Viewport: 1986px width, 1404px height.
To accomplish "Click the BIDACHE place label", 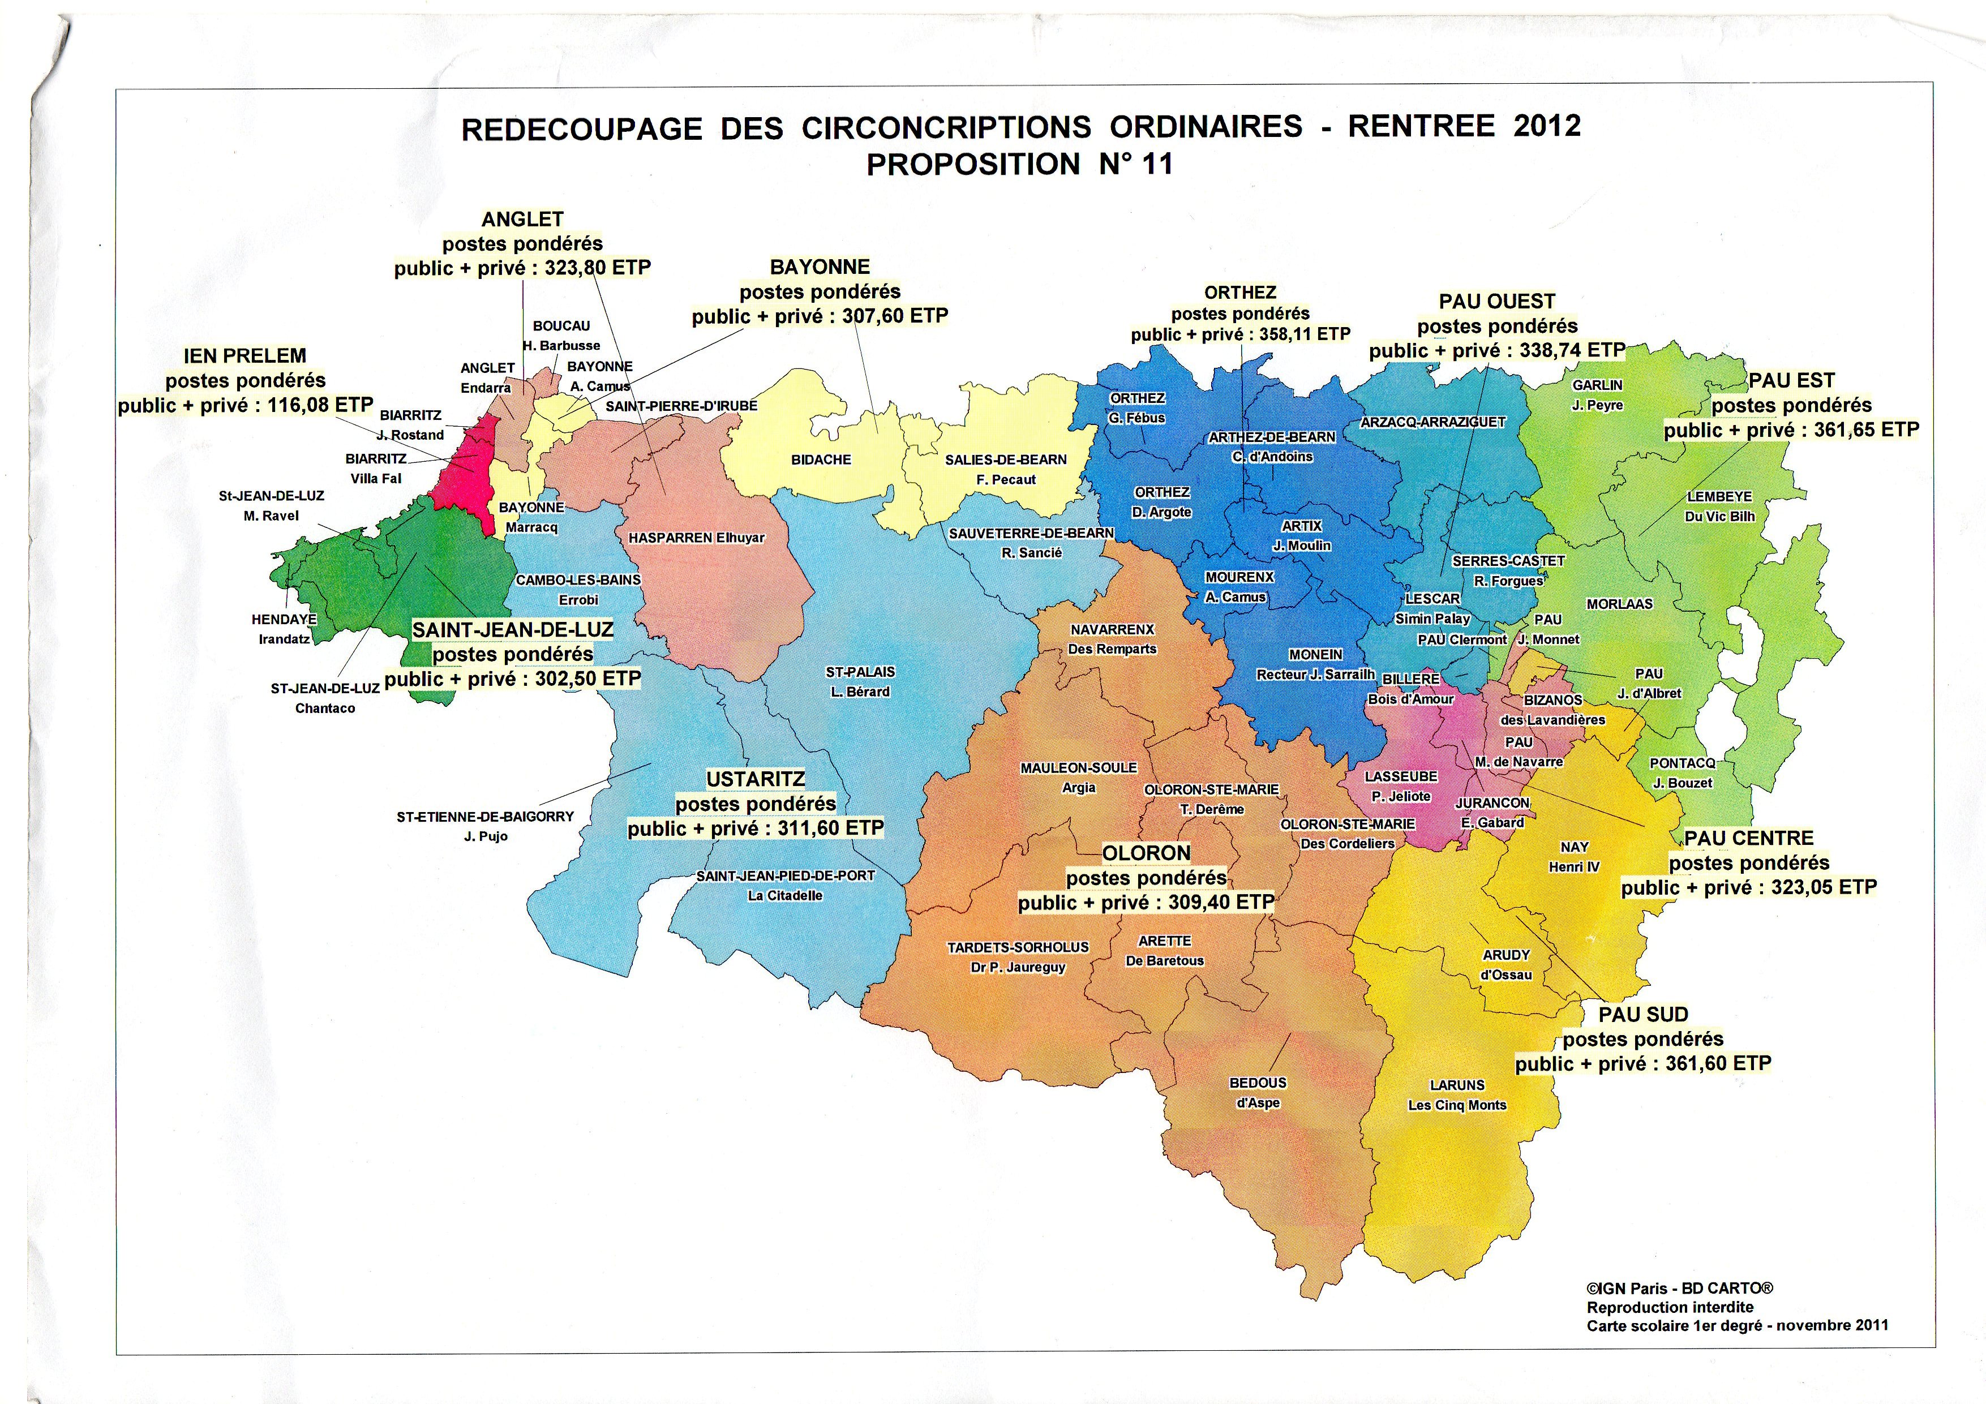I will pyautogui.click(x=821, y=460).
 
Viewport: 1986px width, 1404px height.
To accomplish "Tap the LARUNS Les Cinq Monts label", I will pyautogui.click(x=1457, y=1095).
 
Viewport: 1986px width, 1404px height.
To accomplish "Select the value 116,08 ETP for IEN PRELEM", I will pyautogui.click(x=320, y=405).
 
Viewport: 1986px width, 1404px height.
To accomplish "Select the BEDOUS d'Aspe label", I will pyautogui.click(x=1258, y=1093).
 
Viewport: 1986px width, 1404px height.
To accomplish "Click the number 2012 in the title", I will pyautogui.click(x=1547, y=126).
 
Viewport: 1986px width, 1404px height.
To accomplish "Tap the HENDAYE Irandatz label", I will pyautogui.click(x=284, y=629).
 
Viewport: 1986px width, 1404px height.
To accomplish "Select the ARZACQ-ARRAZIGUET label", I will pyautogui.click(x=1432, y=422).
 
